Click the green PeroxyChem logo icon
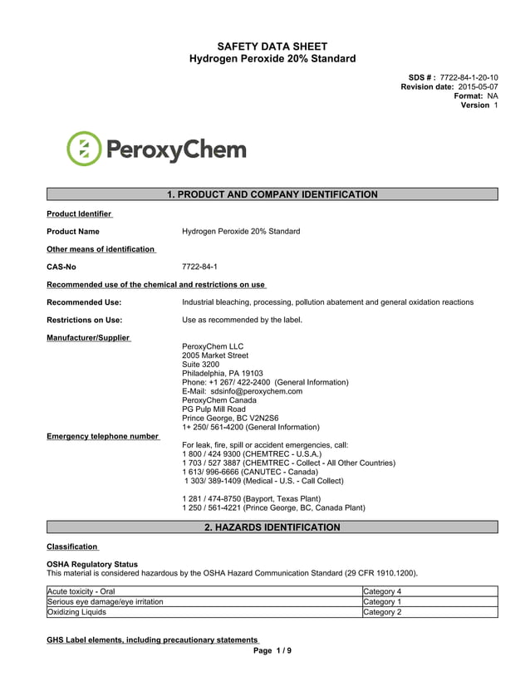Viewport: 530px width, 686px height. [83, 149]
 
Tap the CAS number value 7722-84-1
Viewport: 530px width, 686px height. [199, 267]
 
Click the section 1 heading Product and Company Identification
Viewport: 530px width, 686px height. [272, 194]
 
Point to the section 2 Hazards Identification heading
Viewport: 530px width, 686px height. [272, 527]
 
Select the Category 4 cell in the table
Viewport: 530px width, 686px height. [382, 591]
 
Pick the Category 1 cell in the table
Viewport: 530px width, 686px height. [382, 601]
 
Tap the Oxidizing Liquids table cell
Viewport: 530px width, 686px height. [76, 612]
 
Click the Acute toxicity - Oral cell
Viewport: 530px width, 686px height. [81, 591]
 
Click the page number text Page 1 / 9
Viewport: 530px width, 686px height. [272, 650]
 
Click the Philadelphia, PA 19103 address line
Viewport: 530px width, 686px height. [222, 373]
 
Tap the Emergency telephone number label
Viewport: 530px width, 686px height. [102, 436]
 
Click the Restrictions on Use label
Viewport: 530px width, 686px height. [84, 320]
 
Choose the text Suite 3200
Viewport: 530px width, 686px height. [200, 365]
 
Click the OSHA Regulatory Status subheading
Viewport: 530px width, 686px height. [91, 565]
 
